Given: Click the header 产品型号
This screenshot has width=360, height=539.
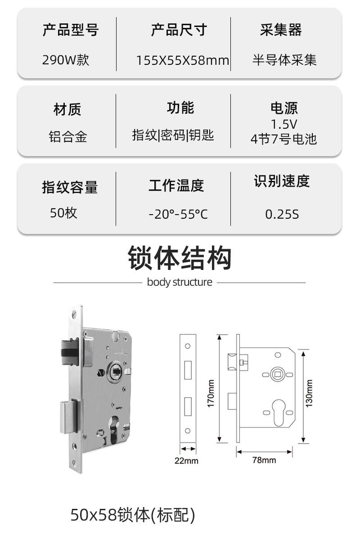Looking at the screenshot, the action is [70, 31].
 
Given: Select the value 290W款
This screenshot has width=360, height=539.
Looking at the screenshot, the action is [66, 60].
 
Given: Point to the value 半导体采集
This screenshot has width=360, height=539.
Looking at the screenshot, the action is [284, 60].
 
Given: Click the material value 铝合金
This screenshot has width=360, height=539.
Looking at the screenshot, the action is [67, 136].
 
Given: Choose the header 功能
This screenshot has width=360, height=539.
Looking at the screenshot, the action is [180, 108].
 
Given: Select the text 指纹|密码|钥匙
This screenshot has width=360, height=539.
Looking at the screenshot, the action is [173, 135].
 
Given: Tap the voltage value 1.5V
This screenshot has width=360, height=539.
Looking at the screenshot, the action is [284, 124].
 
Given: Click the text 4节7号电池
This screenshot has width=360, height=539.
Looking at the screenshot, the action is [284, 139].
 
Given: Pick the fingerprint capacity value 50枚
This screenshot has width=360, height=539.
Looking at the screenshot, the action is [63, 212].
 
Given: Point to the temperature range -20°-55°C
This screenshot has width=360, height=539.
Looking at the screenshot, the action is [178, 214].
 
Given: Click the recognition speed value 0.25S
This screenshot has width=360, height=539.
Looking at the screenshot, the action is [282, 214].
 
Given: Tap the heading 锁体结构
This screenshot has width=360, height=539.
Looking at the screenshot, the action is [180, 258].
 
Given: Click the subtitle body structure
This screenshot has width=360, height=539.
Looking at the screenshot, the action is [180, 283].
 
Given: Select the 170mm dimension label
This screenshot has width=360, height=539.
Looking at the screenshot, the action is [211, 393].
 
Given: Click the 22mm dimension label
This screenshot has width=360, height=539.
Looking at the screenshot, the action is [186, 461].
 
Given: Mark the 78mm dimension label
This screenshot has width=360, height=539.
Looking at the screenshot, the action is [265, 460].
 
